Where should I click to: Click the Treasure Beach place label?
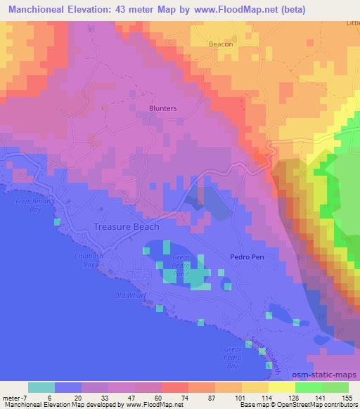(126, 227)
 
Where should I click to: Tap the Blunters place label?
(162, 108)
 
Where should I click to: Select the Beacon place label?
(221, 44)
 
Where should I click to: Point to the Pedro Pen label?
(247, 257)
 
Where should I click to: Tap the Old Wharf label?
(130, 295)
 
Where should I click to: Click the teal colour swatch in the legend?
(41, 387)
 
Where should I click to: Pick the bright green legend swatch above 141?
(309, 387)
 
